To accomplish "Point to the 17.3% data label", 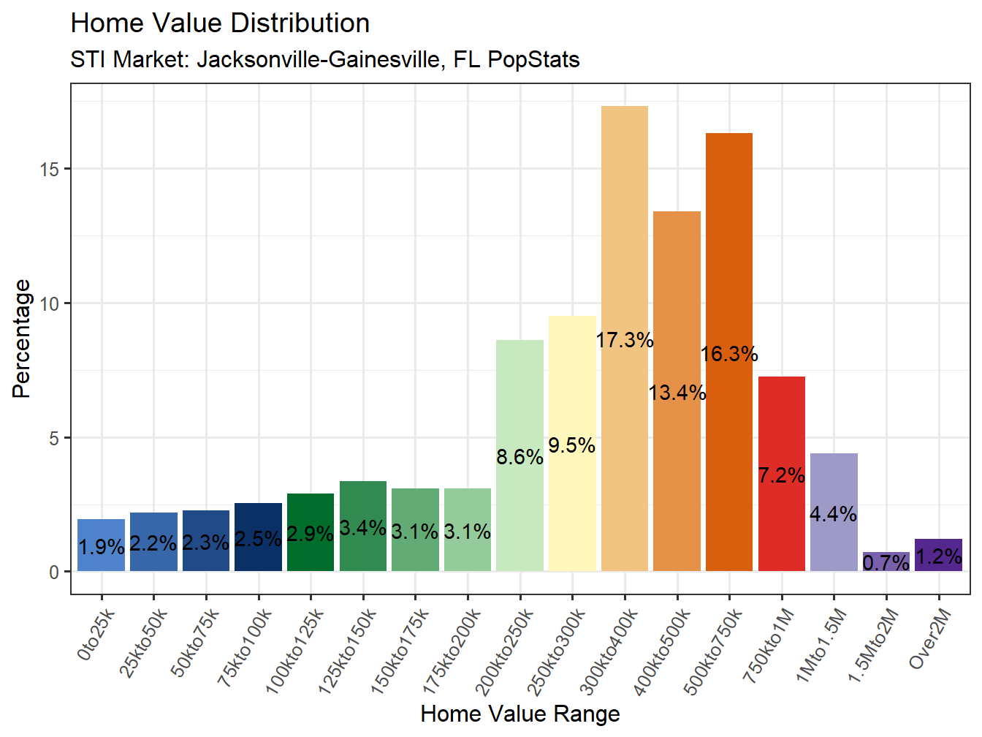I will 624,340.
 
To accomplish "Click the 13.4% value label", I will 677,393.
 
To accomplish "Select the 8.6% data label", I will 519,458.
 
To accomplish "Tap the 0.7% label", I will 886,563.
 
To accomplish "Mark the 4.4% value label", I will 833,514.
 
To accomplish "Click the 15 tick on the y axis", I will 50,169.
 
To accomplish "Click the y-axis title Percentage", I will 22,339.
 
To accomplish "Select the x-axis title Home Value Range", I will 519,714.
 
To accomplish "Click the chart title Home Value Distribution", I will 220,23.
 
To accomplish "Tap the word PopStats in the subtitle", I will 533,59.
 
